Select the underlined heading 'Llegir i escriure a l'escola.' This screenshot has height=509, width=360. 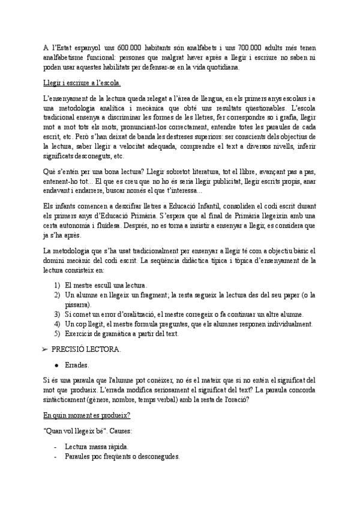pyautogui.click(x=82, y=83)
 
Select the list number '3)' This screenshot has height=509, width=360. pyautogui.click(x=57, y=314)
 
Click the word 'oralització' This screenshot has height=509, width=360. pyautogui.click(x=151, y=314)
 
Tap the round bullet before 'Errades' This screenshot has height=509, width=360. pyautogui.click(x=56, y=364)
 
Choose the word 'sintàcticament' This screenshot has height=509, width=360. pyautogui.click(x=68, y=399)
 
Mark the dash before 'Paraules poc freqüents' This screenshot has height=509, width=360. pyautogui.click(x=55, y=457)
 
